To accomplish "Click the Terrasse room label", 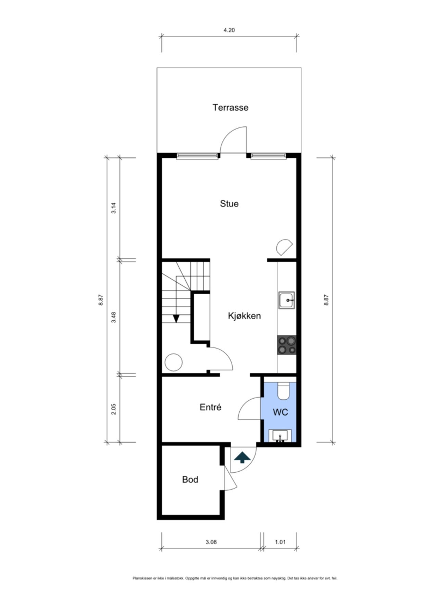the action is [230, 107].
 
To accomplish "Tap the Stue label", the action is [229, 204].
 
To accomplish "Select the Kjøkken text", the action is [244, 316].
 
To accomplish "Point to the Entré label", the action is [210, 407].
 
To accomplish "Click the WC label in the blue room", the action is [280, 412].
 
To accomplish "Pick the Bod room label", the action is [190, 479].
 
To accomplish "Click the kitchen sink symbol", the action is [286, 300].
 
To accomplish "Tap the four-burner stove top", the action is [286, 345].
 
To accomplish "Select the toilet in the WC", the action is [283, 390].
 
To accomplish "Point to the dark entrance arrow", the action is [242, 458].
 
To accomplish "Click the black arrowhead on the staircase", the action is [176, 319].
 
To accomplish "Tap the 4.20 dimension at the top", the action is [229, 30].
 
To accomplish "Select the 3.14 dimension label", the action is [114, 208].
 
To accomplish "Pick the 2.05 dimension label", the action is [114, 409].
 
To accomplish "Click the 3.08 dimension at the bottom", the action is [211, 542].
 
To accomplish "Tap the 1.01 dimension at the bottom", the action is [280, 542].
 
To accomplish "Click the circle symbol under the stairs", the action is [174, 362].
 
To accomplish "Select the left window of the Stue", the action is [197, 156].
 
